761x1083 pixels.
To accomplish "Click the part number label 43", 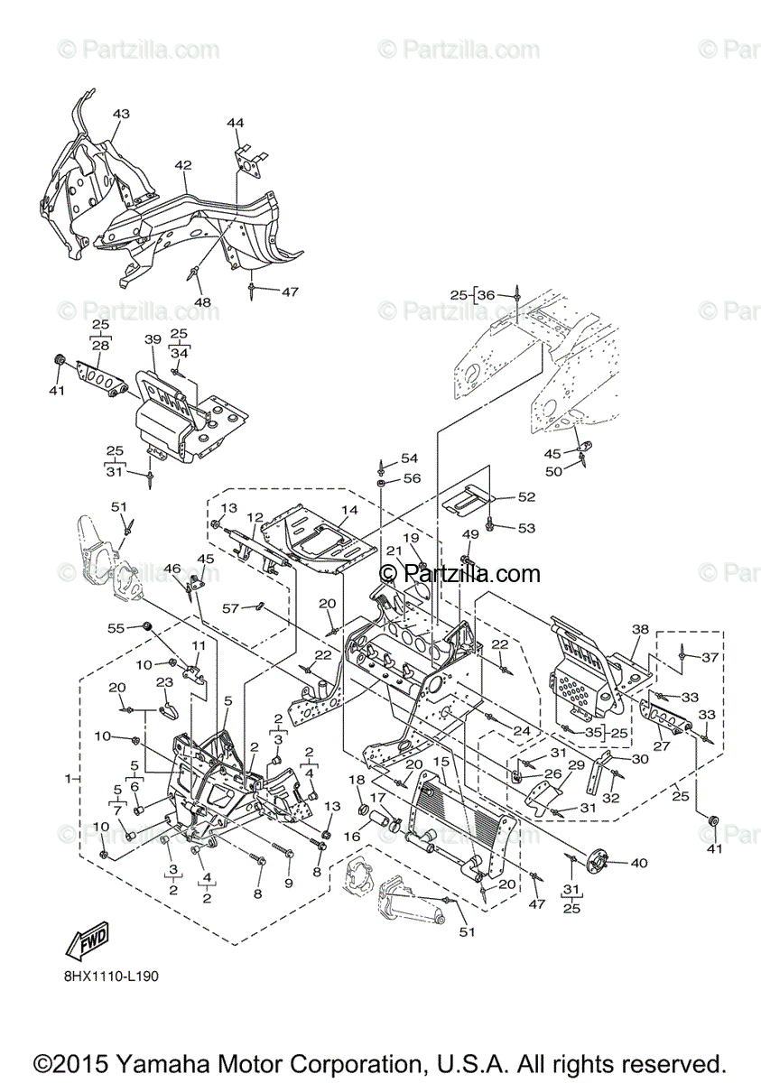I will point(121,114).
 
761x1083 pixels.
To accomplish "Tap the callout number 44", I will point(235,122).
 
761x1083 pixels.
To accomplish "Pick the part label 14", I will point(349,510).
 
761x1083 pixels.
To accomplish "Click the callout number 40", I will point(638,863).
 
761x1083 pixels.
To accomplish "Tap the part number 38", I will point(640,629).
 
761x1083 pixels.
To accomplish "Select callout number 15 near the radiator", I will point(441,761).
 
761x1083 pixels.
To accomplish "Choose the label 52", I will point(526,496).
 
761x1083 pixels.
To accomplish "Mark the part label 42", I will point(183,165).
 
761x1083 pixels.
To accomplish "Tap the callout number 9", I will point(289,882).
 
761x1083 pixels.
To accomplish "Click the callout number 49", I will point(470,533).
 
